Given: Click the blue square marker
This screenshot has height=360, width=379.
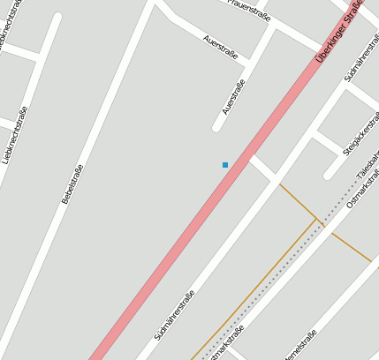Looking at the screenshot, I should pos(225,165).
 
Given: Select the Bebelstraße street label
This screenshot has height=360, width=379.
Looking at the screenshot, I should pos(72,184).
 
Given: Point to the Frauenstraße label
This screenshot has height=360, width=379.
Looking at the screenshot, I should pos(248,7).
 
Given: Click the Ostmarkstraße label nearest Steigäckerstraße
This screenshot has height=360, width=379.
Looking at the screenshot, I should pos(363,187).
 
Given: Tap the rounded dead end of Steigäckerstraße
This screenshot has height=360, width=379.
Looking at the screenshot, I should pos(328,173).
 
